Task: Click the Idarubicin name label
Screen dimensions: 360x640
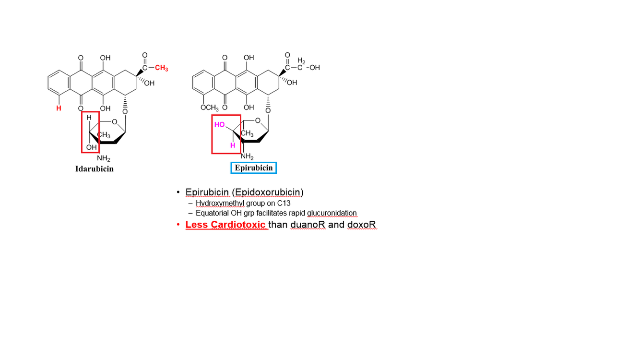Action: point(95,169)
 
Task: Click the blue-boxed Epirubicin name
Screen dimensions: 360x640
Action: point(254,168)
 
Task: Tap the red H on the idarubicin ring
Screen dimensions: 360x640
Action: point(59,108)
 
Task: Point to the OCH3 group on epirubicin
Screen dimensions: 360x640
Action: point(210,107)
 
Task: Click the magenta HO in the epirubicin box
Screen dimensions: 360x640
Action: point(220,124)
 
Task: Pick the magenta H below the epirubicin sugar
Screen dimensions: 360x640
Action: point(232,145)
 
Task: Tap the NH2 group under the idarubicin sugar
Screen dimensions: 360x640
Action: point(104,158)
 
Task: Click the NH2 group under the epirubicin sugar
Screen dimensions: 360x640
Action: point(247,156)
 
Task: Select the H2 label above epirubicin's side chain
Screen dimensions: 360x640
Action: point(301,60)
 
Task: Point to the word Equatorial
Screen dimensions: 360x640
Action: point(213,213)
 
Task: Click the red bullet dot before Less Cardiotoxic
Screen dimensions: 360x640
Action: point(178,225)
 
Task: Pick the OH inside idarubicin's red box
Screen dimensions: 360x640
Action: point(91,147)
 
